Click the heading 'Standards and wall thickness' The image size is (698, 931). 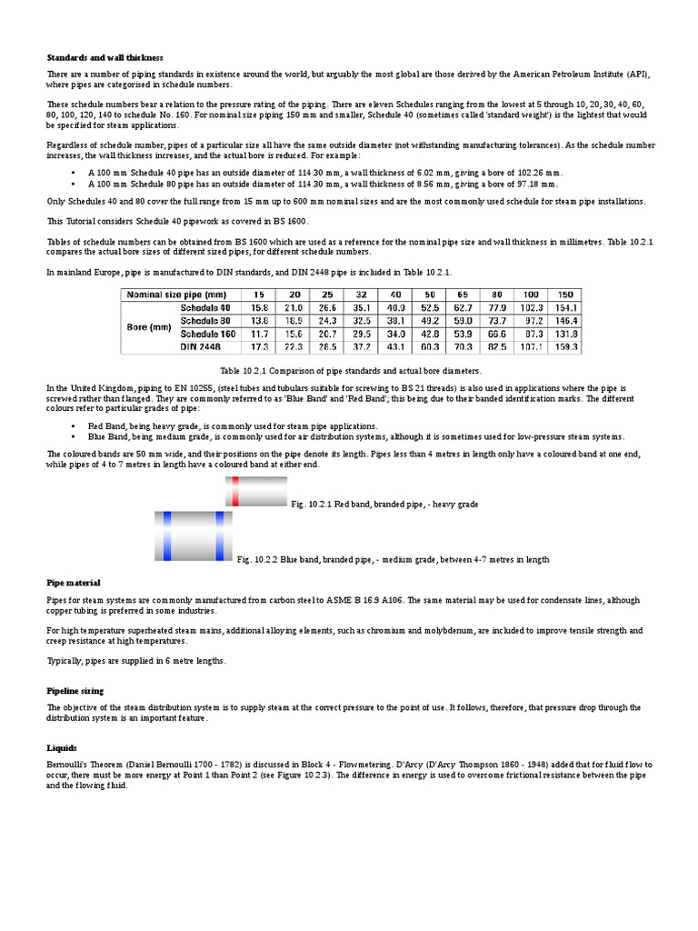(x=105, y=57)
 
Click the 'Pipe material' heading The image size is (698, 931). (x=74, y=582)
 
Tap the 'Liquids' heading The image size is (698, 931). (x=63, y=747)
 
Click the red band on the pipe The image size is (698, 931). (x=235, y=491)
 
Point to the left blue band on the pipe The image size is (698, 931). (x=166, y=536)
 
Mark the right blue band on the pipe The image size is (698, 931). (x=219, y=536)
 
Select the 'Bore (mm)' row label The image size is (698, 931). (x=148, y=327)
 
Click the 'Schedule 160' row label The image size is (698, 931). (x=208, y=335)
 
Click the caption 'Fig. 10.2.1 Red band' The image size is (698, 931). (x=384, y=504)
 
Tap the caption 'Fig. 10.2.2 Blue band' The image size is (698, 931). (x=393, y=560)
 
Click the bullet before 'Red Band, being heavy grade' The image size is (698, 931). (x=74, y=425)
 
